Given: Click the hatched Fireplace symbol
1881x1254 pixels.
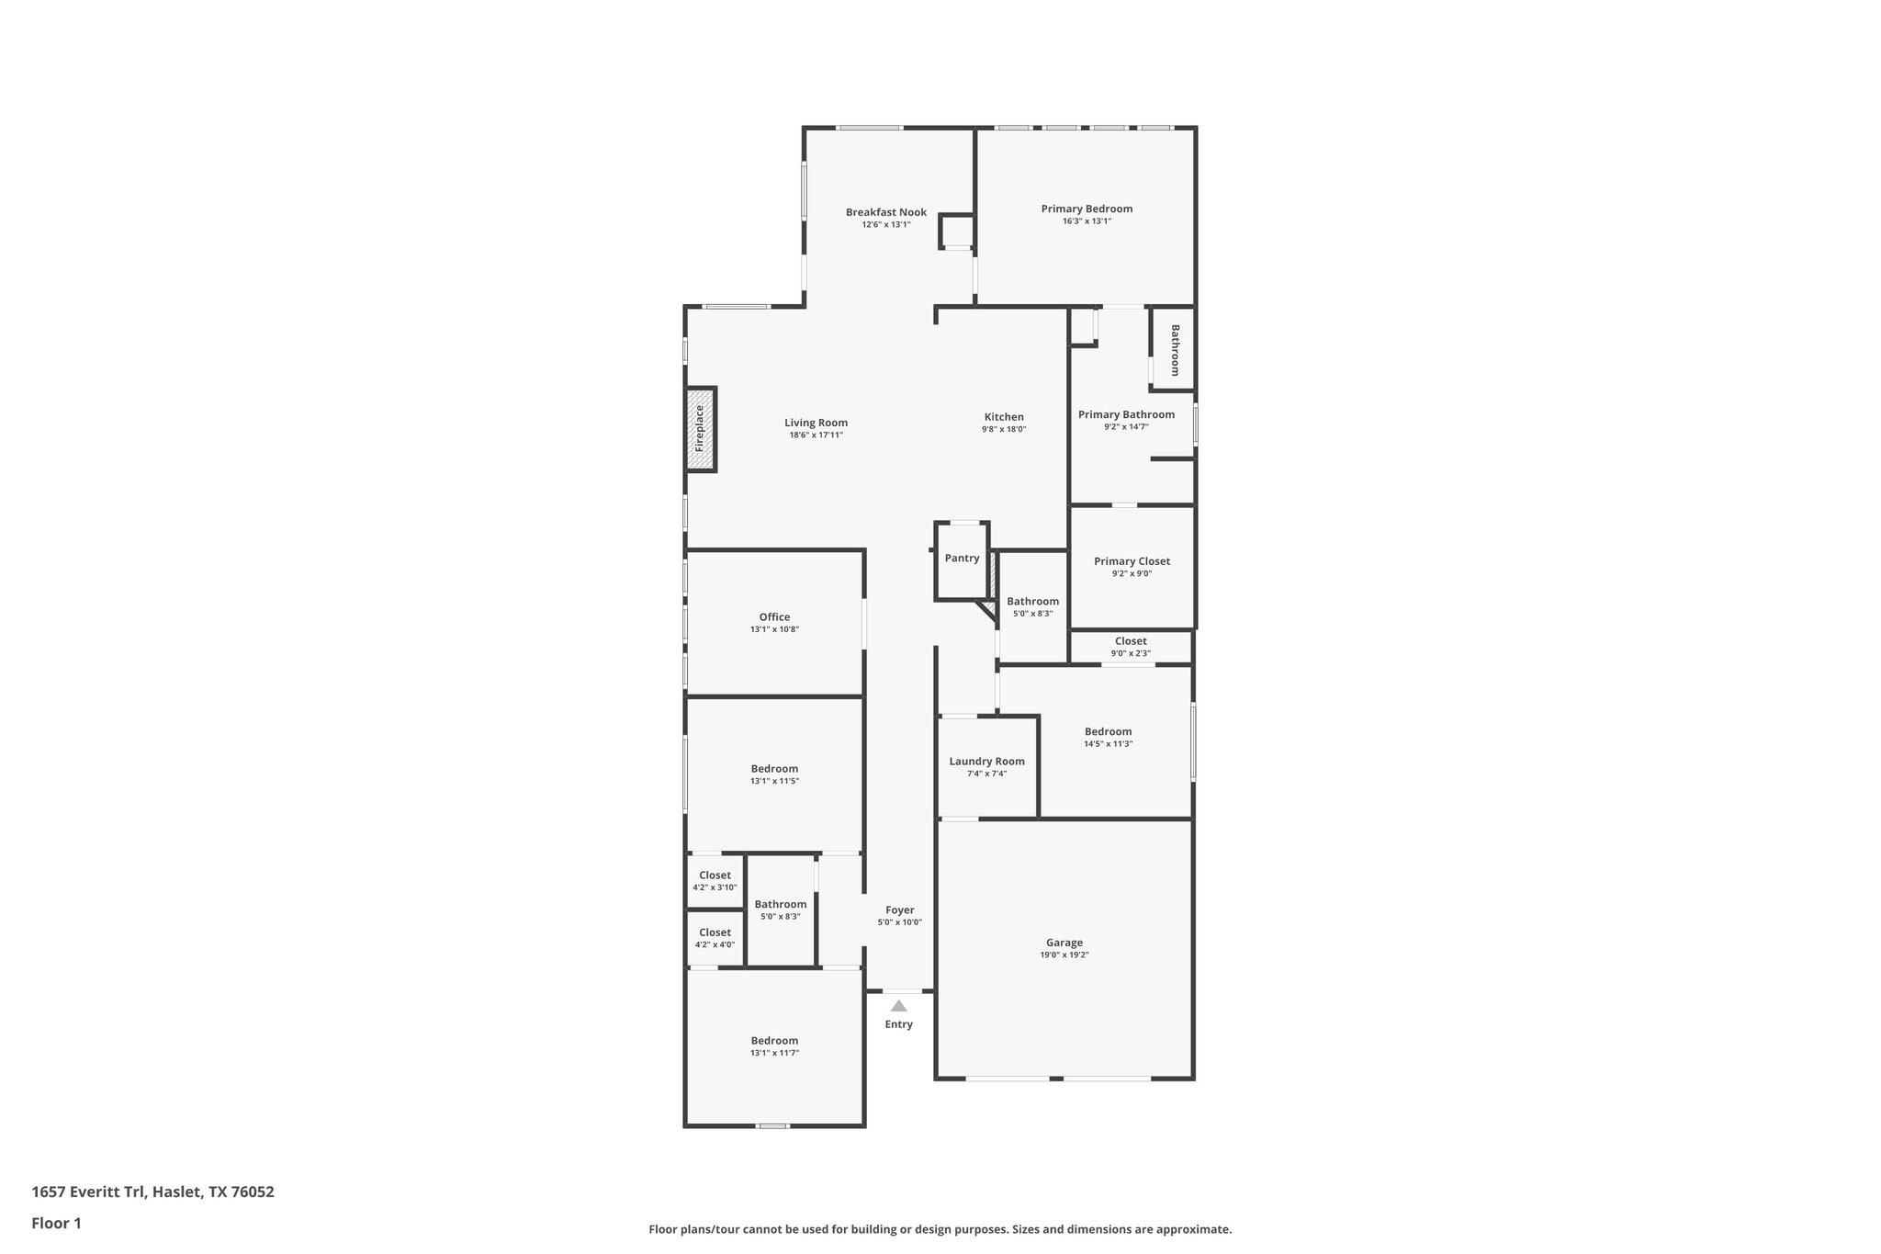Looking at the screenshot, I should [700, 429].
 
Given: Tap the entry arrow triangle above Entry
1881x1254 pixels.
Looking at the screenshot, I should [898, 1006].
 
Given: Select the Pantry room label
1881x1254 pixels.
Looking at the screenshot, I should [962, 559].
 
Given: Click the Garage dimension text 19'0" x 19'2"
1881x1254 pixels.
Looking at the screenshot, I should [1064, 955].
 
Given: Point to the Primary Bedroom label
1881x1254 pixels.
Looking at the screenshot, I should [1087, 209].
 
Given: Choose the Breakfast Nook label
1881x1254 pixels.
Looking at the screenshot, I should [885, 212].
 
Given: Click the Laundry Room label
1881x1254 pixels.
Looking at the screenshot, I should [986, 762].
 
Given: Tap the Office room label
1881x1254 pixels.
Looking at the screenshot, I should [774, 617].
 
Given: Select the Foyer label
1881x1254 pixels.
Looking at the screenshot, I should [899, 910].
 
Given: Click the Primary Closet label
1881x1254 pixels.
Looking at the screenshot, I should [1132, 561].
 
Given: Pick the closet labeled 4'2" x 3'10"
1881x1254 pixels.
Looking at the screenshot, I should [715, 880].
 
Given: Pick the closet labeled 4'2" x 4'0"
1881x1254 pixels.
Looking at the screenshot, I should [715, 937].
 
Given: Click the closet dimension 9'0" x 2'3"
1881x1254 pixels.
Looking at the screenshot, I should [1130, 654].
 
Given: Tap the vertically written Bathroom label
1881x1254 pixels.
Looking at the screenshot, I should [1175, 350].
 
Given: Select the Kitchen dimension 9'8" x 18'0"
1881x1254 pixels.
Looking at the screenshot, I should [1003, 429].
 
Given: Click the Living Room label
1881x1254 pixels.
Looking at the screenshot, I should [816, 424].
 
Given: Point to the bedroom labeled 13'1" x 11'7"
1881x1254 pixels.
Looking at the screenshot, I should [774, 1046].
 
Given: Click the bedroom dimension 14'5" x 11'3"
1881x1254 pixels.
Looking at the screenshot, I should [1108, 744].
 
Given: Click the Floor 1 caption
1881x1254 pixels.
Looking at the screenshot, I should [56, 1223].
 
